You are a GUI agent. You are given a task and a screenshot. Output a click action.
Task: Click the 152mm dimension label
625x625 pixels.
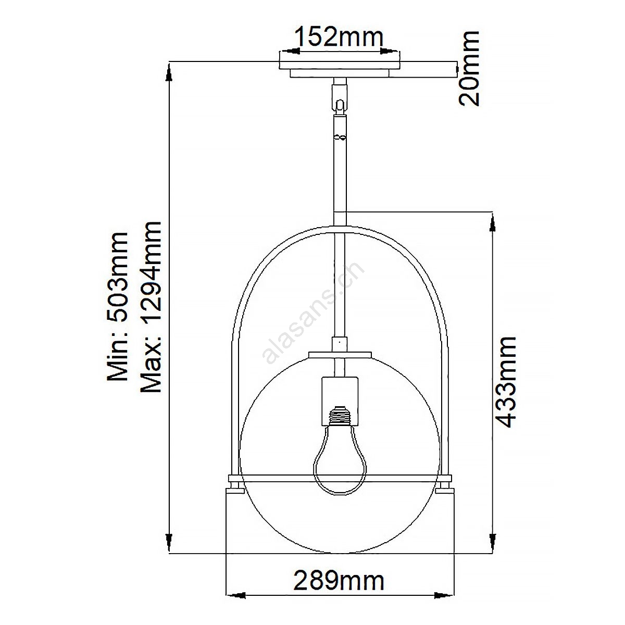(339, 37)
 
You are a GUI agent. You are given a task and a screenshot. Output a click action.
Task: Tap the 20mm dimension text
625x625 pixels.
(469, 68)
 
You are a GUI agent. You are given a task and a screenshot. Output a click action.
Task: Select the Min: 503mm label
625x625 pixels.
(118, 306)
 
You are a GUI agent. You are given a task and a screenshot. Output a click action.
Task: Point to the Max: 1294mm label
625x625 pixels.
(151, 307)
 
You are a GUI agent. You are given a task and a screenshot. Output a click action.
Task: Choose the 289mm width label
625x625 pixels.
(339, 581)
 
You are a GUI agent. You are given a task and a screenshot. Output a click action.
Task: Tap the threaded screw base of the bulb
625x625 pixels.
(340, 416)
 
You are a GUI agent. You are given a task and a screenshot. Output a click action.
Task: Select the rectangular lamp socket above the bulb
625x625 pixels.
(340, 401)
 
